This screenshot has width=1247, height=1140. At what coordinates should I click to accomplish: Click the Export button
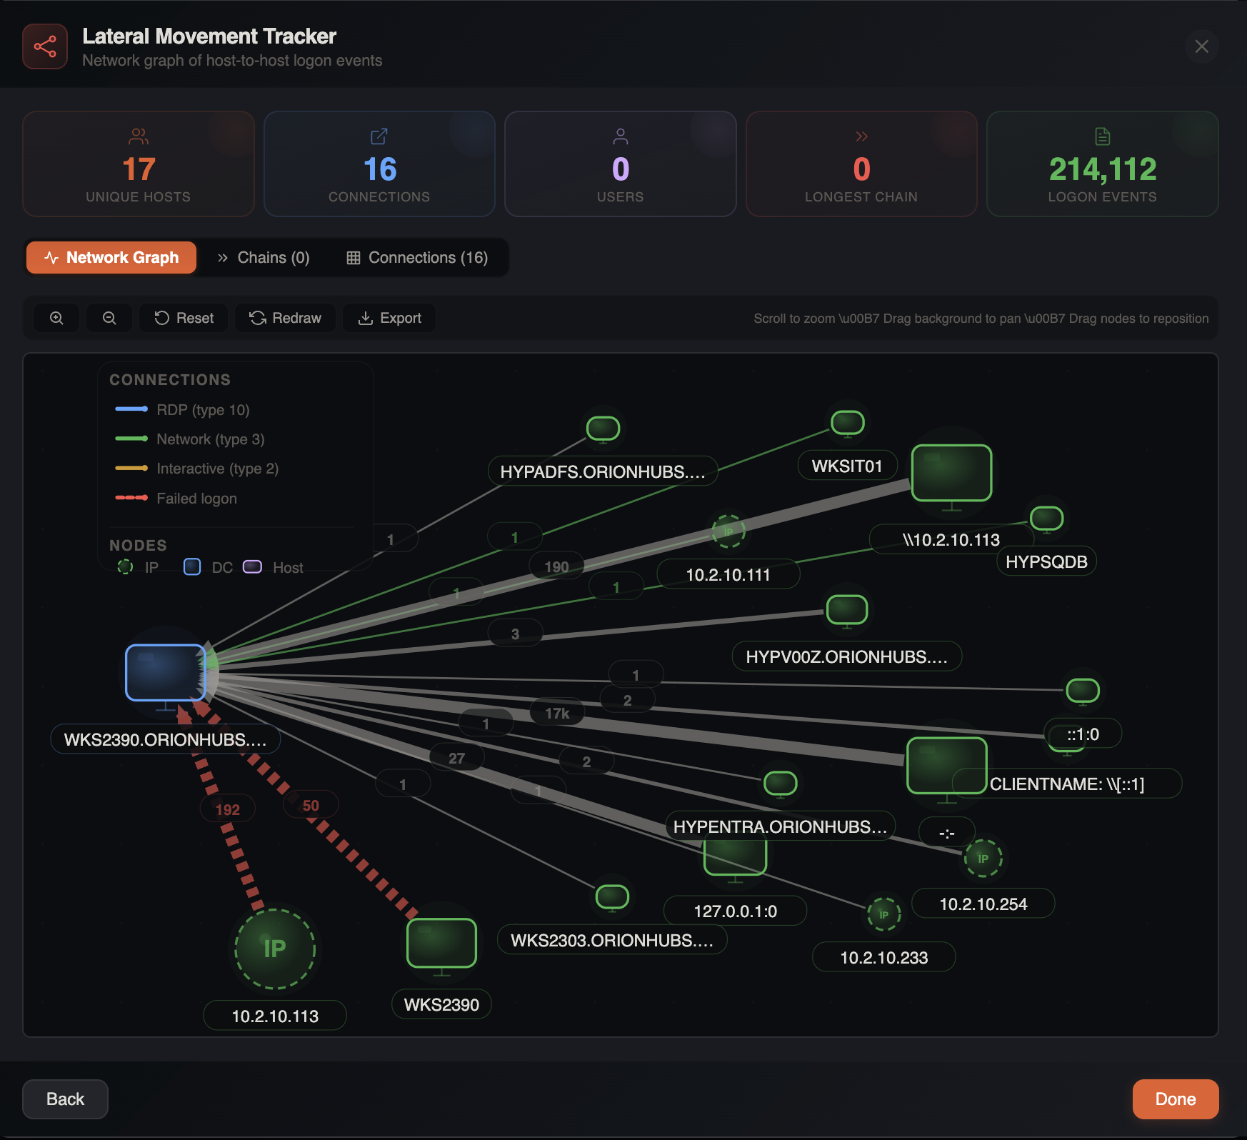(389, 318)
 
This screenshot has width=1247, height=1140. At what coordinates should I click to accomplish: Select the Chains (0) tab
(264, 258)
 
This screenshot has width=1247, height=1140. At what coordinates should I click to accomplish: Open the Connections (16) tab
(417, 258)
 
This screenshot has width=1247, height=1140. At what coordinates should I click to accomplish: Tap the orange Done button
(1175, 1099)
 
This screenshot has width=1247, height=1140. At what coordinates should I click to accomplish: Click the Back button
(65, 1099)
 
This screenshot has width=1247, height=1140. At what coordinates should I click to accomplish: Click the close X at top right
(1201, 46)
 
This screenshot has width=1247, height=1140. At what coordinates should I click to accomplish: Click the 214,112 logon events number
(1102, 169)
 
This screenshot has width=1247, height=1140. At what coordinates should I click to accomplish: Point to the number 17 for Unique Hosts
(139, 169)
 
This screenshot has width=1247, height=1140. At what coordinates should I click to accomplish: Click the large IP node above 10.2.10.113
(275, 949)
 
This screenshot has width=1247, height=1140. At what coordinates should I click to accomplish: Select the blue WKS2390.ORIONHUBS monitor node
(166, 672)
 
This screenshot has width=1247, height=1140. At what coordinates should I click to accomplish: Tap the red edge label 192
(228, 809)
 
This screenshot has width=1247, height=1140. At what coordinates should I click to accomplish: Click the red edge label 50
(311, 805)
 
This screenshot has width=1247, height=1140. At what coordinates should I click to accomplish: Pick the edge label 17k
(557, 713)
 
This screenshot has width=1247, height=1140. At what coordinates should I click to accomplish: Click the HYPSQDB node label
(1046, 561)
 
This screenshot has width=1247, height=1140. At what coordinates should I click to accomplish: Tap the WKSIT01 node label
(847, 466)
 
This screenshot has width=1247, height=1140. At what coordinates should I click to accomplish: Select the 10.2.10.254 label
(983, 904)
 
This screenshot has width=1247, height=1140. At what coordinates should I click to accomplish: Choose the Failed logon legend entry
(196, 499)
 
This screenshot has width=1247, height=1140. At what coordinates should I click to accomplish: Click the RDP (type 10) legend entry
(202, 410)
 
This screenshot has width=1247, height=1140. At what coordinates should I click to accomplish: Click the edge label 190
(556, 566)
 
